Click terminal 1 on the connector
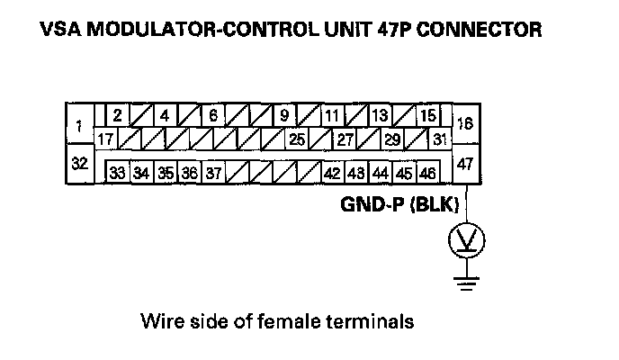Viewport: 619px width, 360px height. point(81,126)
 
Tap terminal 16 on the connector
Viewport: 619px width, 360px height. point(465,126)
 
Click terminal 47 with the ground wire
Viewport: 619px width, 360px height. point(465,164)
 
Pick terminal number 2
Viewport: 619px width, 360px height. point(118,115)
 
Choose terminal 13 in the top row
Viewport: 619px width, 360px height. point(380,115)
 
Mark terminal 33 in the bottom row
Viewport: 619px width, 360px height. point(117,172)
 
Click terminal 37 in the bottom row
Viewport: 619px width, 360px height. point(212,172)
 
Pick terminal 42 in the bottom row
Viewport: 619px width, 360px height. point(332,172)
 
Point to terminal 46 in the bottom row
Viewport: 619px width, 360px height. point(427,172)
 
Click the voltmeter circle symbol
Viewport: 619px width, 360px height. point(465,239)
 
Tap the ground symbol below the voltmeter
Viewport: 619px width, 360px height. point(465,284)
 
